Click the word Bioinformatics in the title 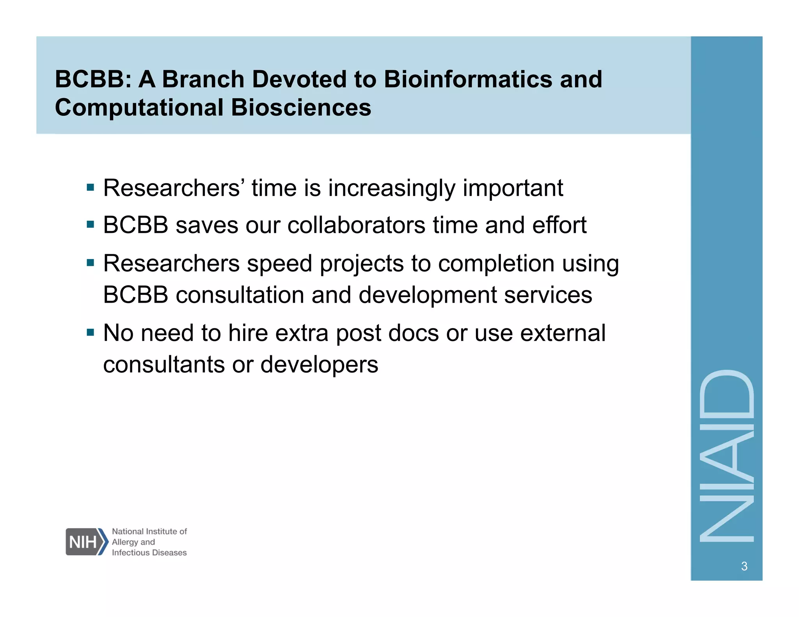pos(468,79)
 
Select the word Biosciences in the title pos(301,108)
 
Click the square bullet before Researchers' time pos(91,188)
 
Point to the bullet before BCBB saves pos(91,225)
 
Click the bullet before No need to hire pos(91,333)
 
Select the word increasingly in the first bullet pos(391,188)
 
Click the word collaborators pos(356,225)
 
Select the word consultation pos(240,295)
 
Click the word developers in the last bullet pos(319,365)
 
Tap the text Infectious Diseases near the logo pos(149,553)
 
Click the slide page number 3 pos(744,566)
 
